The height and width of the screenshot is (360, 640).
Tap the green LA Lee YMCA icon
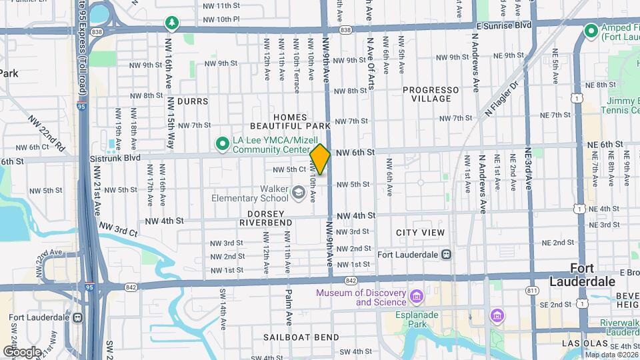pos(221,143)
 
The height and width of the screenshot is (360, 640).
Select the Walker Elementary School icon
pos(299,194)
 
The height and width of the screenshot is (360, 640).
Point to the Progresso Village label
pos(431,94)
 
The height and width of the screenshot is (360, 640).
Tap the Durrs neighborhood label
pos(193,102)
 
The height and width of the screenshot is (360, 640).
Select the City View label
pos(420,233)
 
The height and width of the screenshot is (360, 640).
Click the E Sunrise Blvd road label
pos(503,25)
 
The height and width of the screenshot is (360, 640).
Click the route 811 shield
pos(531,291)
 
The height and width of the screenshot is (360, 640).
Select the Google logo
pos(22,351)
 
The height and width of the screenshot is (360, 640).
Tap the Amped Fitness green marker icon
pos(590,31)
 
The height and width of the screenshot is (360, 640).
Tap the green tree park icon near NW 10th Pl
pos(173,24)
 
